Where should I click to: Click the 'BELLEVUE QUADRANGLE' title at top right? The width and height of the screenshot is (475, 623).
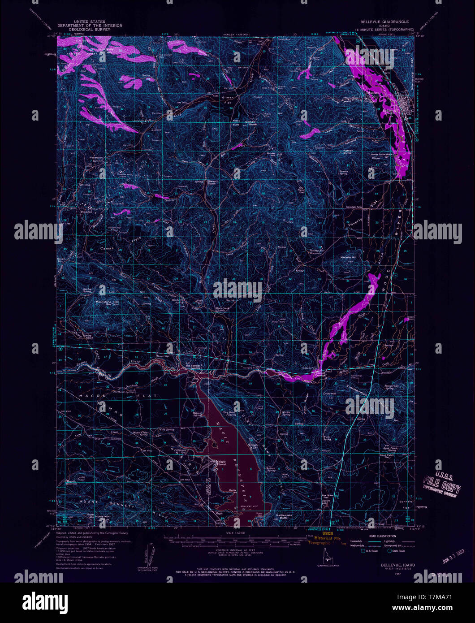384,22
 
